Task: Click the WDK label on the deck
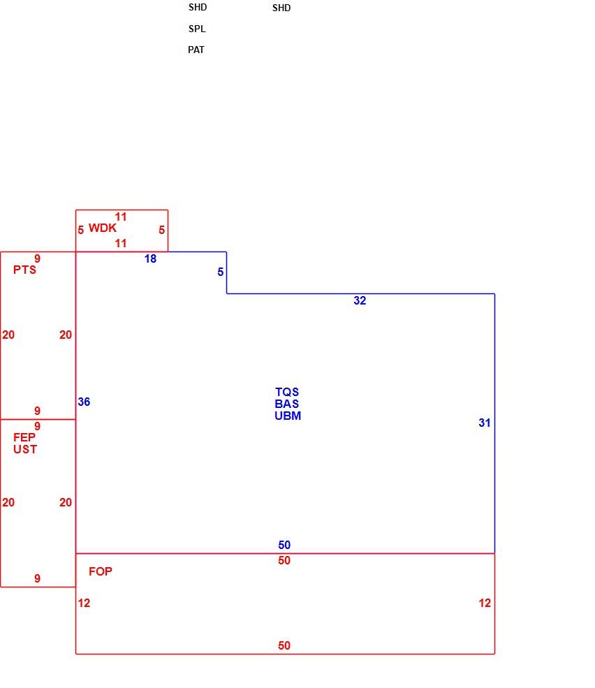coord(103,228)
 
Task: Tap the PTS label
coord(24,270)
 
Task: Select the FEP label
coord(24,437)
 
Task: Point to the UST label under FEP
coord(25,449)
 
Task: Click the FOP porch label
coord(101,571)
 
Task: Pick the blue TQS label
coord(287,392)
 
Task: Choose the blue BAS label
coord(287,404)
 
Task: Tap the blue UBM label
coord(288,416)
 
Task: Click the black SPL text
coord(197,29)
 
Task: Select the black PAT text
coord(196,50)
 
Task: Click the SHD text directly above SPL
coord(198,7)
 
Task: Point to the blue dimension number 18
coord(151,258)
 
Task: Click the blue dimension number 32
coord(360,300)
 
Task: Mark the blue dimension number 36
coord(84,402)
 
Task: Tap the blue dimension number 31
coord(485,423)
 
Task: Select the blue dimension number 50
coord(284,545)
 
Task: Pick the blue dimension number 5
coord(220,272)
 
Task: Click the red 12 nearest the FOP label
coord(84,603)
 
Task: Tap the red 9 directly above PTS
coord(37,258)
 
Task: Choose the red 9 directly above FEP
coord(37,426)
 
